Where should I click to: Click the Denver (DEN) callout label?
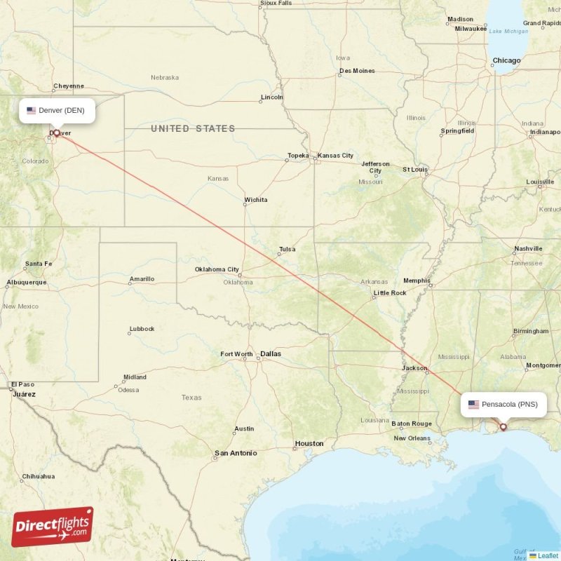(x=57, y=110)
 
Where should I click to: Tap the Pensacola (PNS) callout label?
(x=503, y=405)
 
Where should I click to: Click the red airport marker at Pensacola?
(x=503, y=426)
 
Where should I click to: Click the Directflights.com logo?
(x=53, y=527)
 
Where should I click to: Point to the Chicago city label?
(x=506, y=61)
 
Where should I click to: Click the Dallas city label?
(x=271, y=354)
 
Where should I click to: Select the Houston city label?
(x=309, y=443)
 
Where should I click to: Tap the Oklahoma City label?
(x=217, y=269)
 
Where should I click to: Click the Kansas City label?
(x=335, y=156)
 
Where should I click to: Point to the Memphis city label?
(x=417, y=280)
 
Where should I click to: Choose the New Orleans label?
(x=412, y=438)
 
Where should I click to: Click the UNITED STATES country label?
(x=193, y=128)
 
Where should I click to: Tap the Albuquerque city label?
(x=26, y=283)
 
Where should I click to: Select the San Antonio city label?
(x=236, y=454)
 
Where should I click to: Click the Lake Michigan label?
(x=508, y=32)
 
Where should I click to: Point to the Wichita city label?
(x=255, y=200)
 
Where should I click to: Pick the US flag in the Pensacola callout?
(x=473, y=405)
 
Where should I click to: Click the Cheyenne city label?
(x=68, y=86)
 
